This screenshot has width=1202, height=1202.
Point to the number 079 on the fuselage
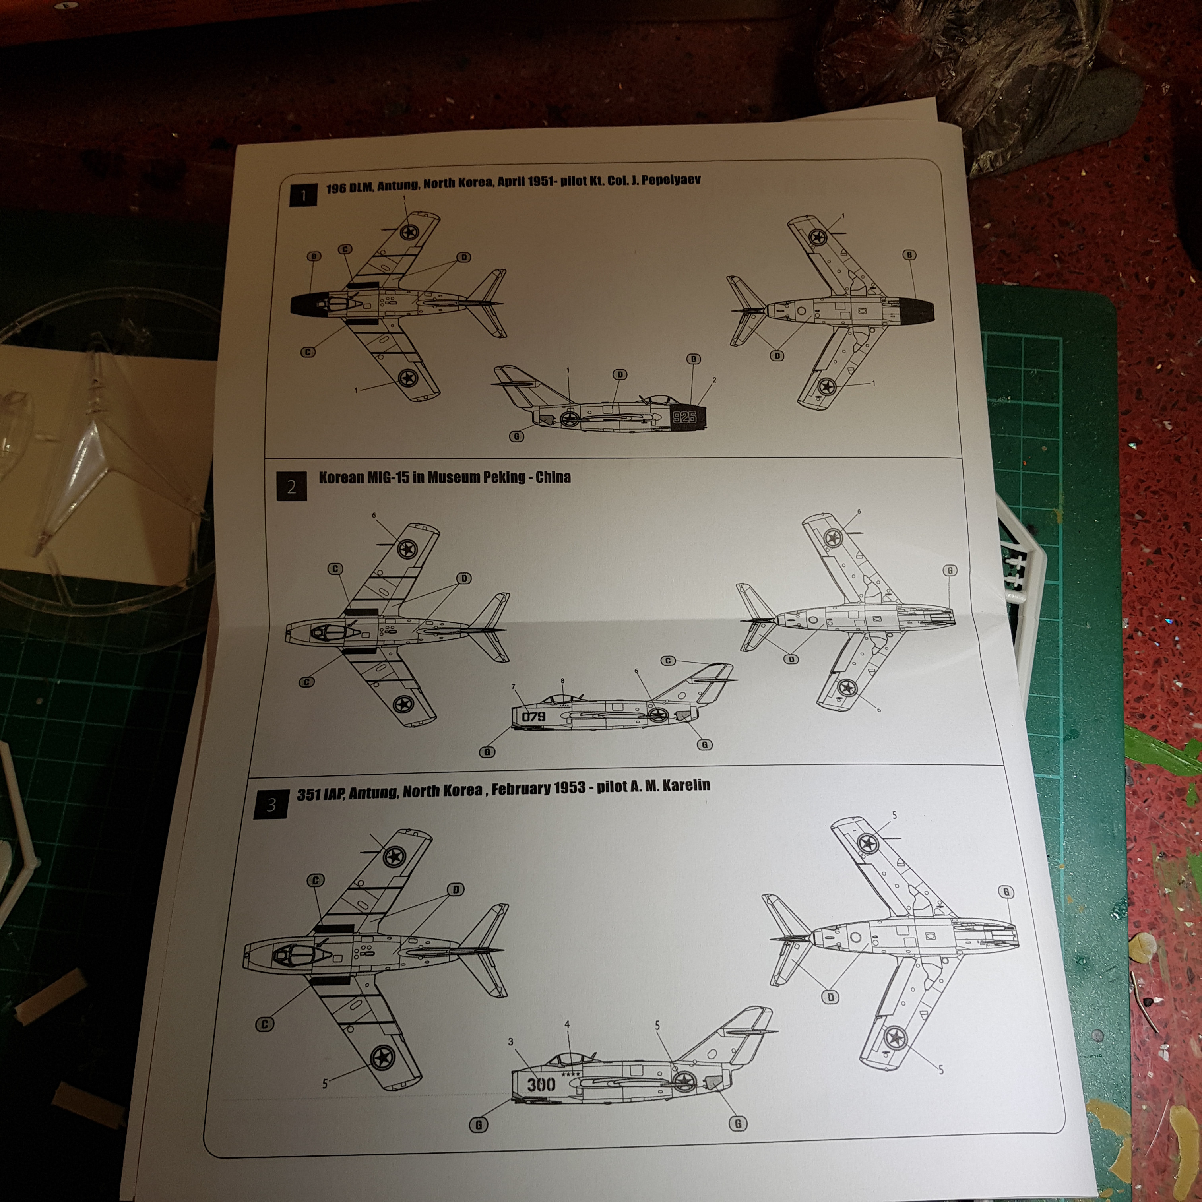tap(533, 717)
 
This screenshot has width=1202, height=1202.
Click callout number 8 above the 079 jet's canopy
tap(562, 681)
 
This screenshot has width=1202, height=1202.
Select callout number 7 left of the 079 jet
tap(514, 687)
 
